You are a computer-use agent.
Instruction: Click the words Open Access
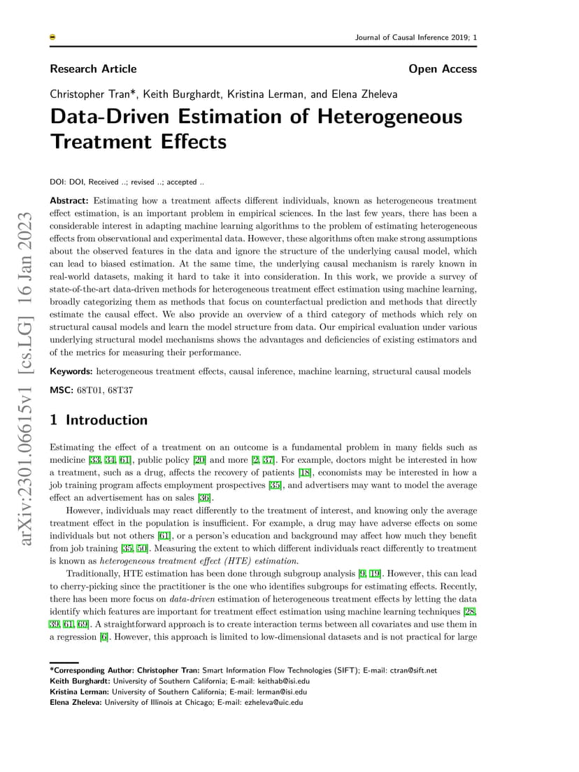443,69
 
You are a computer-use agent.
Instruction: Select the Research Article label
93,69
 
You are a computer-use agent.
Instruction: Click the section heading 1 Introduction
99,420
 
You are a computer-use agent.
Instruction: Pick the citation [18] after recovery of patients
305,472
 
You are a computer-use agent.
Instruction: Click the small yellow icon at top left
53,38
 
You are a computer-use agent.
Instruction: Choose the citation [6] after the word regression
104,637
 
